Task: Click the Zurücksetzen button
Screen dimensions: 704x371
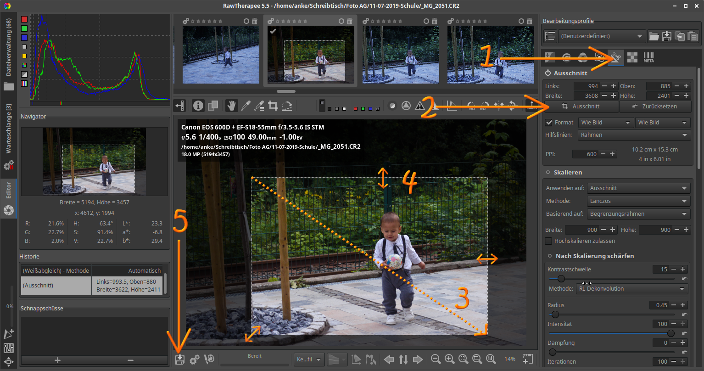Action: pyautogui.click(x=655, y=106)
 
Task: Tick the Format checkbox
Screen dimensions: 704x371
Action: pyautogui.click(x=549, y=122)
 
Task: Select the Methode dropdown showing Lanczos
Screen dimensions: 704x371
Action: pyautogui.click(x=638, y=201)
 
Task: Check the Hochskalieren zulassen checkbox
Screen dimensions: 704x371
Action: pyautogui.click(x=548, y=241)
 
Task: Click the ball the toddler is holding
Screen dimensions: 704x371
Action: pyautogui.click(x=394, y=261)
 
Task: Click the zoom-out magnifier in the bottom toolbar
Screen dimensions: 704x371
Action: pyautogui.click(x=436, y=359)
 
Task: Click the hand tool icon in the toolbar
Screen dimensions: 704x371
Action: pyautogui.click(x=231, y=106)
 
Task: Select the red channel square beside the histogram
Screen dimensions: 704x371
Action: pyautogui.click(x=24, y=19)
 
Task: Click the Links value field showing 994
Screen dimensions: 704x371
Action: pyautogui.click(x=587, y=86)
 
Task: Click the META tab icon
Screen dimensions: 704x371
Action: pyautogui.click(x=648, y=57)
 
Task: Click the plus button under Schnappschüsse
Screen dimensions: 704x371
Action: pyautogui.click(x=57, y=360)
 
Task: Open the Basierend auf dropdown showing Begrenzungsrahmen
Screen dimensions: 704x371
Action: pyautogui.click(x=638, y=214)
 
